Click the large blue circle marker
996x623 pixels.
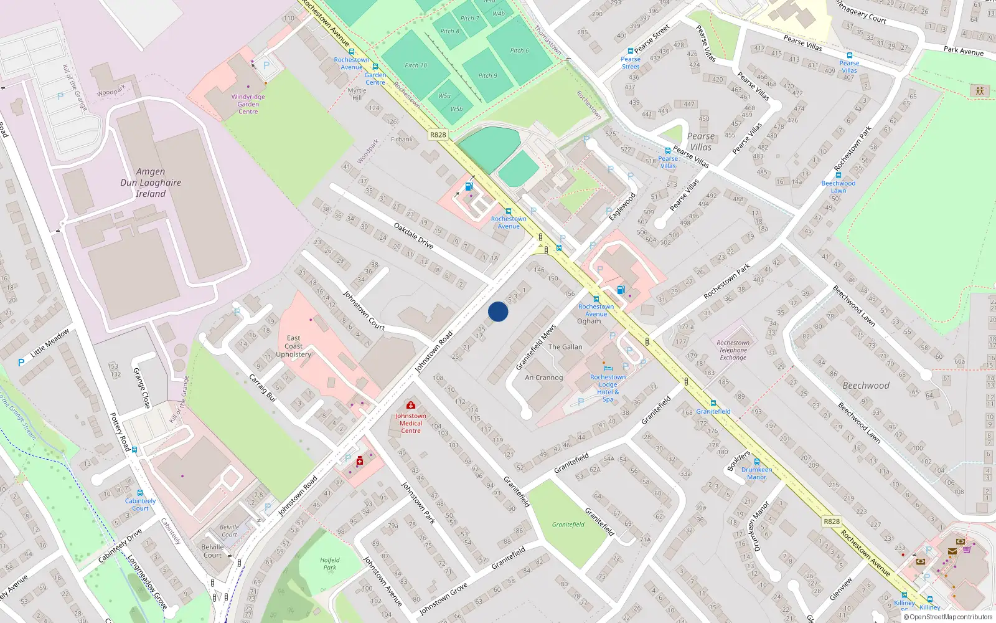[498, 311]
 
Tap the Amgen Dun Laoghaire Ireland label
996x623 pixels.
[151, 183]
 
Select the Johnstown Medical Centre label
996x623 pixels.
[410, 423]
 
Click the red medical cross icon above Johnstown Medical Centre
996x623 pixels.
[410, 406]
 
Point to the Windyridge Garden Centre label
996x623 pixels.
[248, 104]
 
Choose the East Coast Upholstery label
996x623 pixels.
[293, 346]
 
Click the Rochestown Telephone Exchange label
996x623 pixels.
[733, 350]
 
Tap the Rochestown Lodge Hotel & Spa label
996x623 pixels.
[608, 388]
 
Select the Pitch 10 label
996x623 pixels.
[416, 65]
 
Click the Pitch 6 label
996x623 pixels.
[519, 50]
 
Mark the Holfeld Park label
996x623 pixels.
[330, 564]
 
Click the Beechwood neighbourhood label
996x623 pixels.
[866, 386]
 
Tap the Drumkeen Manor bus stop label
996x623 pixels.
[756, 473]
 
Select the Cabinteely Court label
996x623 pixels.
[140, 505]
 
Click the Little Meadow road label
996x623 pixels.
[50, 343]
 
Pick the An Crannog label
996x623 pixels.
[543, 378]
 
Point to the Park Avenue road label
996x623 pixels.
[963, 50]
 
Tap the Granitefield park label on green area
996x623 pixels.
[568, 525]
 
